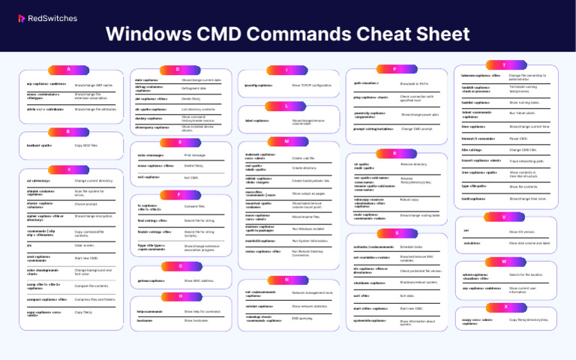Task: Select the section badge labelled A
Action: pos(68,69)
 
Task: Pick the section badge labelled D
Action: pos(178,69)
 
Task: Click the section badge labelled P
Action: pos(394,69)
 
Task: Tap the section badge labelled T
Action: pos(504,65)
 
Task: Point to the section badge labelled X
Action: pos(504,306)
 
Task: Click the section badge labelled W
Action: pos(504,262)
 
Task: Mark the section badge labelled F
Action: pos(178,194)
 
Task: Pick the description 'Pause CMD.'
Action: pos(520,139)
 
